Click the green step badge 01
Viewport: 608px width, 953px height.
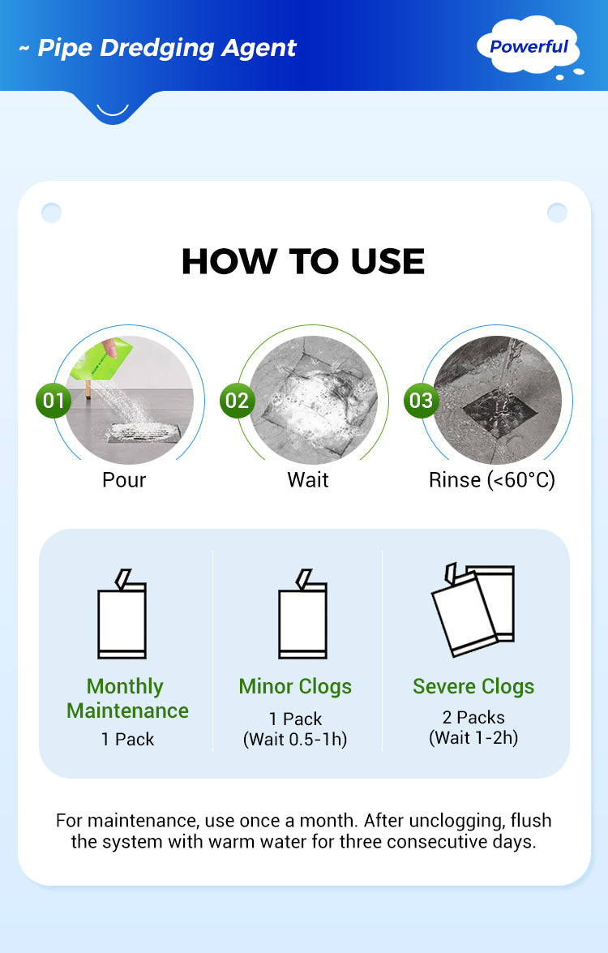coord(54,401)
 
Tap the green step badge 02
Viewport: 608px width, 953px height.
coord(238,401)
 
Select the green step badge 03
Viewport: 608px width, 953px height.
coord(421,401)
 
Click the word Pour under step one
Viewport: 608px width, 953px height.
coord(124,479)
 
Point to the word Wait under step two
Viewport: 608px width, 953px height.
coord(308,479)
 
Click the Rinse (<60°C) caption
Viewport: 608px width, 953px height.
coord(492,480)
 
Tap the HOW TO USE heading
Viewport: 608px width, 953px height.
coord(303,261)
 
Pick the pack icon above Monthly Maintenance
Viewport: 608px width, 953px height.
coord(122,614)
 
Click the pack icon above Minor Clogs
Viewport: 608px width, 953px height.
coord(302,614)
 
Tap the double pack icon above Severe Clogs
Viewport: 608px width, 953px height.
coord(473,610)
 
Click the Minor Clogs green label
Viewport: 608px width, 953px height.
coord(295,686)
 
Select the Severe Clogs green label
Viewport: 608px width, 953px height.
coord(473,686)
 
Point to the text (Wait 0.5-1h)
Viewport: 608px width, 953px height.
coord(295,739)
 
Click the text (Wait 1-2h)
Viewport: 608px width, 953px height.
coord(473,738)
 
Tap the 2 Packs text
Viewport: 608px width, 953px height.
coord(473,717)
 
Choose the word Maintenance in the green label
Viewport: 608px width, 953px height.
coord(127,710)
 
